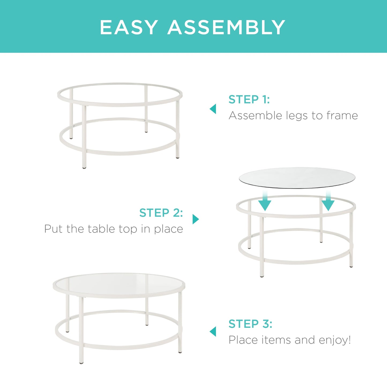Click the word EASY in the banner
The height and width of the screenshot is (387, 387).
129,27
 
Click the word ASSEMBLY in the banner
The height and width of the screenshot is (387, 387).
226,27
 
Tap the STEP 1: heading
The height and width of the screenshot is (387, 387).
249,99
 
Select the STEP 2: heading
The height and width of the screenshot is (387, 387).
161,213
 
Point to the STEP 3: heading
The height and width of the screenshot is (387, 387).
250,324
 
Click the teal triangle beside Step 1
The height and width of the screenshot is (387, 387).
213,109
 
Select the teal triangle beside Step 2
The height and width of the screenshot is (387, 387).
196,219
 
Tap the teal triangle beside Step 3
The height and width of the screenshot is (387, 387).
213,332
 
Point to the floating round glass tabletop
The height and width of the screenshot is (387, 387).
297,178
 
